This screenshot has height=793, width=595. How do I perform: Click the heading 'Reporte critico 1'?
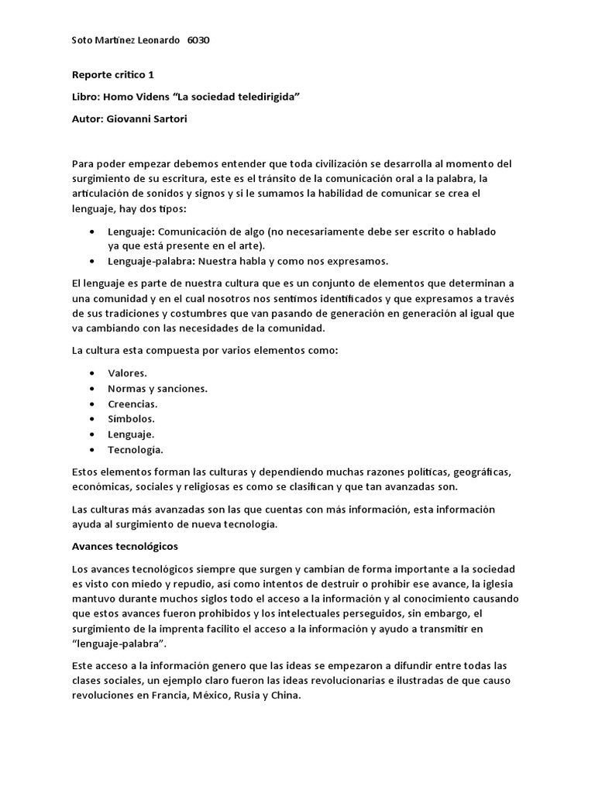(113, 75)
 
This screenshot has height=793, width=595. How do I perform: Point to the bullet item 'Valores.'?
(127, 373)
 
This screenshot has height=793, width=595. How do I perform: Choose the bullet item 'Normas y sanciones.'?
(157, 389)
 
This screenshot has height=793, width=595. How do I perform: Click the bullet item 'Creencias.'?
(132, 403)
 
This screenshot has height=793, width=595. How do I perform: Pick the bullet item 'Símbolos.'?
(131, 419)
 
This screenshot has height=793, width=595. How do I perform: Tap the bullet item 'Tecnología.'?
(136, 449)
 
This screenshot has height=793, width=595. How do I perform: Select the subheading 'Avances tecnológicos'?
(125, 547)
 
